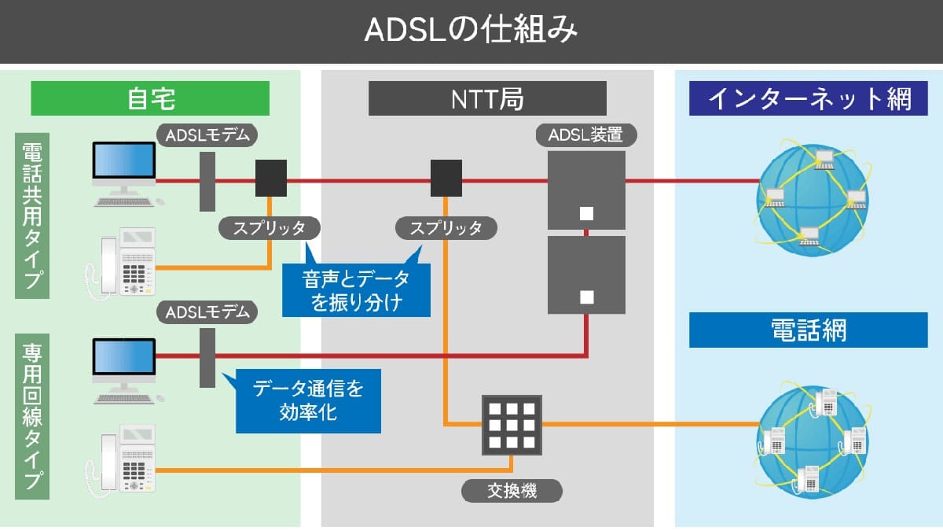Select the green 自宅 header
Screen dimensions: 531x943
[150, 98]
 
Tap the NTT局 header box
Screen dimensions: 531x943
[487, 98]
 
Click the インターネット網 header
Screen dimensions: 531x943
[809, 98]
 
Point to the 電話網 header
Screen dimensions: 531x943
[809, 330]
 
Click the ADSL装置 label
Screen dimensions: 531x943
[586, 135]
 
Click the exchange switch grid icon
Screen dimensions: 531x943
[512, 426]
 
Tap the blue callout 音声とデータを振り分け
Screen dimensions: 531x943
[355, 289]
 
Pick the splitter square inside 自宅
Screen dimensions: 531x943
[270, 179]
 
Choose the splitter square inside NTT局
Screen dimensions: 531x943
[446, 179]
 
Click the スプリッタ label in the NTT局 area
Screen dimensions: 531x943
[446, 228]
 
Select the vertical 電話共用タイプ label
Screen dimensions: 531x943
[32, 216]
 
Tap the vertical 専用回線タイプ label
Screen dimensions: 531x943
[32, 415]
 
